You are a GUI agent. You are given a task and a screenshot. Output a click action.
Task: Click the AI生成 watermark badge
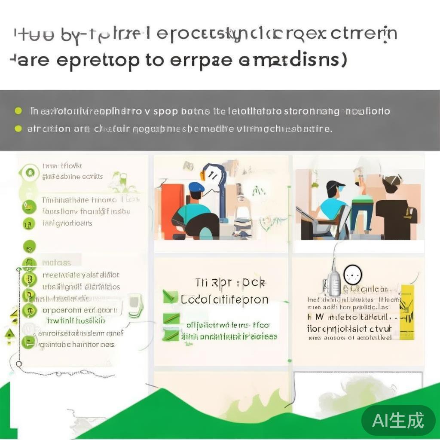(x=398, y=420)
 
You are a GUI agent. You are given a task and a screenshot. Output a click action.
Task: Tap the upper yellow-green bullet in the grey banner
(x=18, y=111)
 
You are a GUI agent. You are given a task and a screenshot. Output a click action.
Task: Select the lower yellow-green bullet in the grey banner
(x=18, y=128)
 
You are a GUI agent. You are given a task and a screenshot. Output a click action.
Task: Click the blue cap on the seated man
(x=196, y=187)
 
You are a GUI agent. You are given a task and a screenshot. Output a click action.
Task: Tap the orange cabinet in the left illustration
(x=172, y=211)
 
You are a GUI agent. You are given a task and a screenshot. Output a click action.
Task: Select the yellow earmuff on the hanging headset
(x=203, y=175)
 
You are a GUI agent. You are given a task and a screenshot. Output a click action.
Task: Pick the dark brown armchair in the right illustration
(x=395, y=217)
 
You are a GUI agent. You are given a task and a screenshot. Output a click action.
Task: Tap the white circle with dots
(x=353, y=274)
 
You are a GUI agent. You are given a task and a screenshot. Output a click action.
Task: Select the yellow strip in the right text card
(x=406, y=312)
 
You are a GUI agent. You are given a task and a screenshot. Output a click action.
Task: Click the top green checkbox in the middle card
(x=170, y=296)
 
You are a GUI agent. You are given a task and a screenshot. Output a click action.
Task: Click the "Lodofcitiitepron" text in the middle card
(x=224, y=299)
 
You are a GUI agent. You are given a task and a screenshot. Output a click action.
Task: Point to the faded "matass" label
(x=56, y=262)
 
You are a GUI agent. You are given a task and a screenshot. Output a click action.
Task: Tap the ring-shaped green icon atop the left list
(x=29, y=173)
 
